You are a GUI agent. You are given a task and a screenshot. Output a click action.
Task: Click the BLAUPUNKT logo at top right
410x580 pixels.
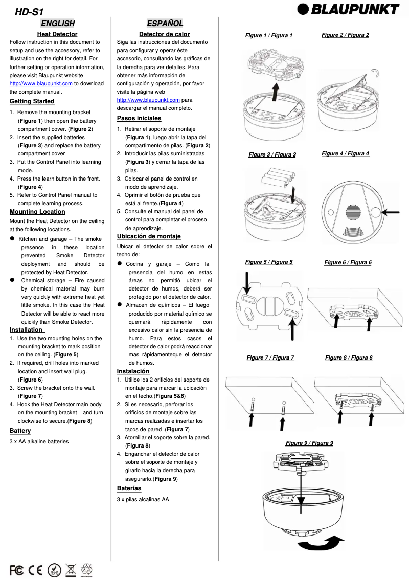(349, 9)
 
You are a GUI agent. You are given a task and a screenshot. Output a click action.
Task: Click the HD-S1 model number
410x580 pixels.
(30, 12)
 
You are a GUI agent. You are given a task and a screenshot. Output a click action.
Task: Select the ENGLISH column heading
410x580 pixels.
(58, 23)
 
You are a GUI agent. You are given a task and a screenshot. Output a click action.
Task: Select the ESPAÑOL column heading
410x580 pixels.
(165, 23)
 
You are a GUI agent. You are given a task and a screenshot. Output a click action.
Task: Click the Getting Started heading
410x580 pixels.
(32, 101)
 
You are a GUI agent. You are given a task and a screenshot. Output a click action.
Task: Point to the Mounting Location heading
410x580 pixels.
(37, 212)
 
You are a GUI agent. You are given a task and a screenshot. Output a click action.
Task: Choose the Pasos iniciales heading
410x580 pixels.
(139, 118)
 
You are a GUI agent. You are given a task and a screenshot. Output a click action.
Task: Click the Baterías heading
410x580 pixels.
(129, 488)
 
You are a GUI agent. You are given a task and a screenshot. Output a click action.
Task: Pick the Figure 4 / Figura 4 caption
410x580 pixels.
(345, 153)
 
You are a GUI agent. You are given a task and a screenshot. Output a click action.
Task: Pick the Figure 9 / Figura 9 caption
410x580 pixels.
(309, 443)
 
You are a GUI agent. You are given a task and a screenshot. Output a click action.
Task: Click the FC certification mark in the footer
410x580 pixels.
(16, 570)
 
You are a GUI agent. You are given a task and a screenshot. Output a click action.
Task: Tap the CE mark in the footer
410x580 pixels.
(35, 570)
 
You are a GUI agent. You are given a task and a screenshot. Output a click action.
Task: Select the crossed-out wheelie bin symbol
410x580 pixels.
(71, 569)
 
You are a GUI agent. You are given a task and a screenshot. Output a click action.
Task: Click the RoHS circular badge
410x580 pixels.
(54, 570)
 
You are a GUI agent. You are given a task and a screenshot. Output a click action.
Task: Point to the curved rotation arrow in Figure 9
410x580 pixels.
(320, 543)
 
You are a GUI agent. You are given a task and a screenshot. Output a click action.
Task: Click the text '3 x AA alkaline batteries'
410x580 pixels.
(39, 441)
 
